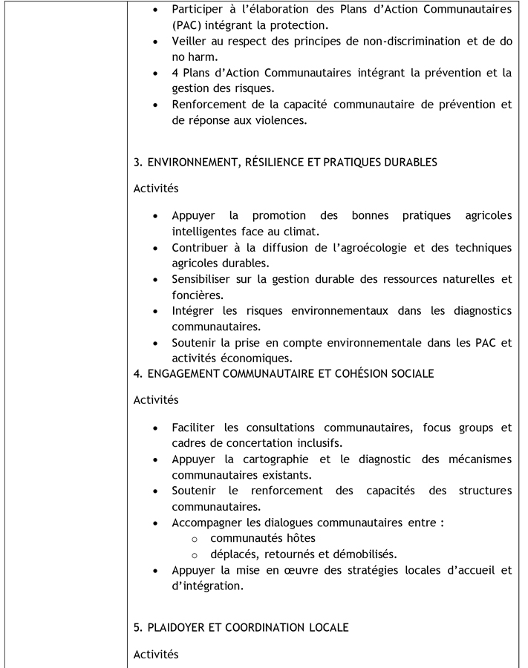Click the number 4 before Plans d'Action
[x=175, y=73]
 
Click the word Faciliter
[x=195, y=428]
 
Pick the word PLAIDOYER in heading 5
[x=179, y=628]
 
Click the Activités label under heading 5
[x=156, y=654]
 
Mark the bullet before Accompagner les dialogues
[x=154, y=523]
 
